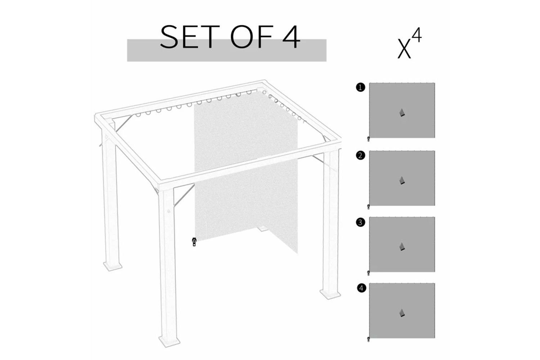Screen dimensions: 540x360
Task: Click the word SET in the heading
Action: (x=189, y=37)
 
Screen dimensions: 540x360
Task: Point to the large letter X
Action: (x=404, y=50)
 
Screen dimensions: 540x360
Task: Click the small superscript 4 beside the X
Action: (x=417, y=35)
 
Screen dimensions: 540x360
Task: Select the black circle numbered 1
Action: (x=360, y=87)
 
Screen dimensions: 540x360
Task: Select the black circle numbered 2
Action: (x=360, y=156)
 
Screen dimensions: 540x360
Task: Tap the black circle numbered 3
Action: (x=360, y=222)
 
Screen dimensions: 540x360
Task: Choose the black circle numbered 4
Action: (x=361, y=288)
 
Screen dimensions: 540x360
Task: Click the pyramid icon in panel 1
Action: (x=402, y=113)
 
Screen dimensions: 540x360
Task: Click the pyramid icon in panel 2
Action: (x=402, y=181)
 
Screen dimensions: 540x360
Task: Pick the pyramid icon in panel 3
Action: (x=402, y=247)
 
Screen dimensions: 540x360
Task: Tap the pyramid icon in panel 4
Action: (x=402, y=313)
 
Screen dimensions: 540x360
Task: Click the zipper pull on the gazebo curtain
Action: (x=194, y=242)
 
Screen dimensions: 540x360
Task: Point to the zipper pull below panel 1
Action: (x=368, y=139)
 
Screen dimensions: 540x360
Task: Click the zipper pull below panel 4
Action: (x=368, y=339)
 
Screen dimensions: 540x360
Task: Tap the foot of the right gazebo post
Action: (x=330, y=294)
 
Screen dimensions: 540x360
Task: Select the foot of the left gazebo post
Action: (x=113, y=266)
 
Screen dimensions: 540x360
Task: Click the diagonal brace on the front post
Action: (x=184, y=195)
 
